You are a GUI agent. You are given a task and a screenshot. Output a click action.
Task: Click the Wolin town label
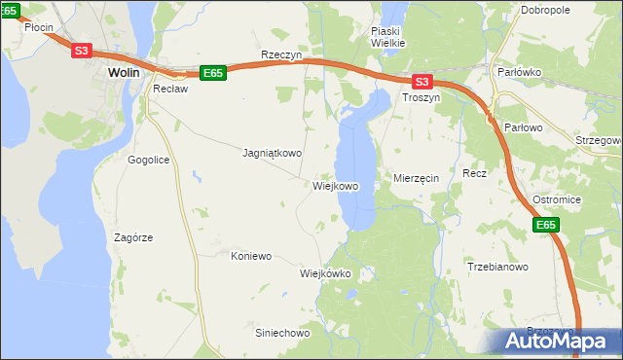124,72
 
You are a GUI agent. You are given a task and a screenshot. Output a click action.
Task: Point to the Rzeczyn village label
281,55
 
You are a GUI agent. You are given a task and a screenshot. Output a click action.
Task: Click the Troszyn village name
421,99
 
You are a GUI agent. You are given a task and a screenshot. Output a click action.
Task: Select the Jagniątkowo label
272,153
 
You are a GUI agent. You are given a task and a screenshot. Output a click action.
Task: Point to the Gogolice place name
149,159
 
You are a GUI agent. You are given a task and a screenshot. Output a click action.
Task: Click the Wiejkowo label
336,186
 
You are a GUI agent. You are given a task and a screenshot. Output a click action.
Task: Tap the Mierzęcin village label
417,178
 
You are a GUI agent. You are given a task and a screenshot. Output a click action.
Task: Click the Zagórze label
133,236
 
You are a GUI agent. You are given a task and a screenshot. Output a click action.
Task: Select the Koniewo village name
250,256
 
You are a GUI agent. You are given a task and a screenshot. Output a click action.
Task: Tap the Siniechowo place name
281,333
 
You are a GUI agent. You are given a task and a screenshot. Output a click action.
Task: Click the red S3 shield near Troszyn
421,83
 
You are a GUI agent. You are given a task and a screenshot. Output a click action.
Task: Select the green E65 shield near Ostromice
546,226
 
